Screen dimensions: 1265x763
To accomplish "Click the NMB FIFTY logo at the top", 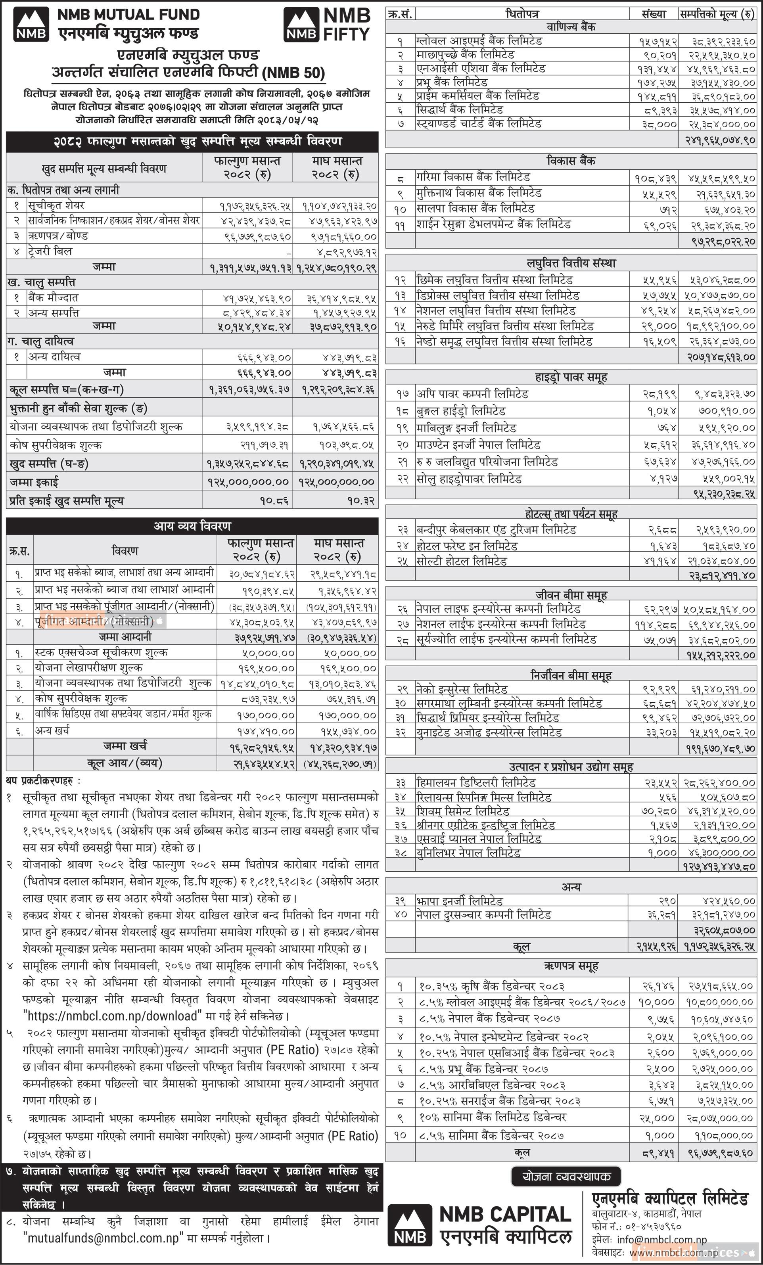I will pyautogui.click(x=327, y=25).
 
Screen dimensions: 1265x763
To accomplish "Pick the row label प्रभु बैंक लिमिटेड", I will pyautogui.click(x=452, y=82).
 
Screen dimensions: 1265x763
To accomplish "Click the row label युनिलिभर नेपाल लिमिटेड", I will pyautogui.click(x=468, y=853).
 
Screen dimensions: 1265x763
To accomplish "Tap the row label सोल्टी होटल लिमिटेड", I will pyautogui.click(x=462, y=561).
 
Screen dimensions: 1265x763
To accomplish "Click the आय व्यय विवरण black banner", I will pyautogui.click(x=192, y=526).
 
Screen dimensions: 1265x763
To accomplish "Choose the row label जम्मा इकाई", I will pyautogui.click(x=34, y=481).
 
